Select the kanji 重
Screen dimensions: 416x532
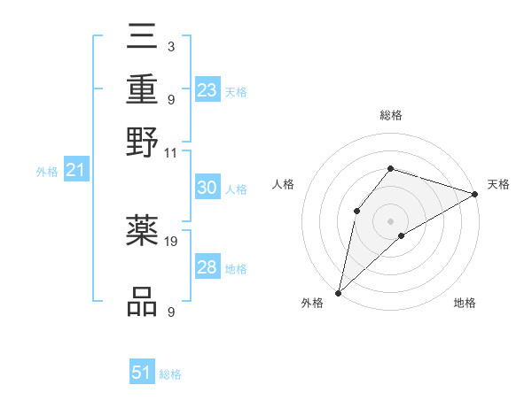(x=142, y=89)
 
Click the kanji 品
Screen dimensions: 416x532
(x=142, y=301)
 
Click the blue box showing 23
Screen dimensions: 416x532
(x=207, y=89)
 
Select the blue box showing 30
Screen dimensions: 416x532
(x=207, y=188)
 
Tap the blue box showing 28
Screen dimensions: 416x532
(x=207, y=267)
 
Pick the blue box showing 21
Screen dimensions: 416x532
(x=75, y=170)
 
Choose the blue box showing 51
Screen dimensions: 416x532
(x=142, y=373)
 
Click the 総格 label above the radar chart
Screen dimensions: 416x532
(x=390, y=115)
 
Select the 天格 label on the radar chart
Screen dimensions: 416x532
(x=498, y=184)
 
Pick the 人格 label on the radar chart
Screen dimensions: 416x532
(x=283, y=184)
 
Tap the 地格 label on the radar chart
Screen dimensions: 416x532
(x=465, y=304)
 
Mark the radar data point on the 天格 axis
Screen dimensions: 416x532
(x=475, y=195)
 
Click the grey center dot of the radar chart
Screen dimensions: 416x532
(x=390, y=220)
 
